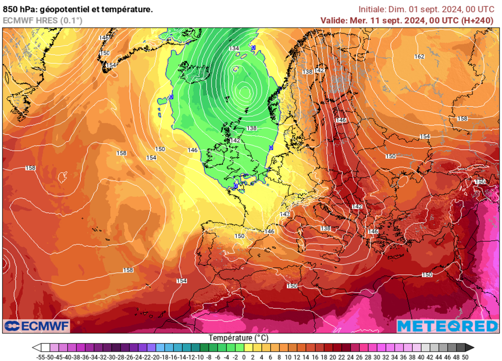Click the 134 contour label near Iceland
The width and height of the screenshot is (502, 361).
click(234, 48)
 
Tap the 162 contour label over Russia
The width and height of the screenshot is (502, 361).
click(419, 56)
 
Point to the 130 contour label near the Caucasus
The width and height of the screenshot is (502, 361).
click(480, 181)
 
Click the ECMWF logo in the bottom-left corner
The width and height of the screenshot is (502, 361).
click(37, 326)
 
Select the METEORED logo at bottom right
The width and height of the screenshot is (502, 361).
click(447, 326)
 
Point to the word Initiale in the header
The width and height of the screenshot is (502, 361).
click(372, 9)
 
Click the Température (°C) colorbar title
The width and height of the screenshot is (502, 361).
click(239, 338)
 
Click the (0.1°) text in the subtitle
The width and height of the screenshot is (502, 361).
click(71, 20)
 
